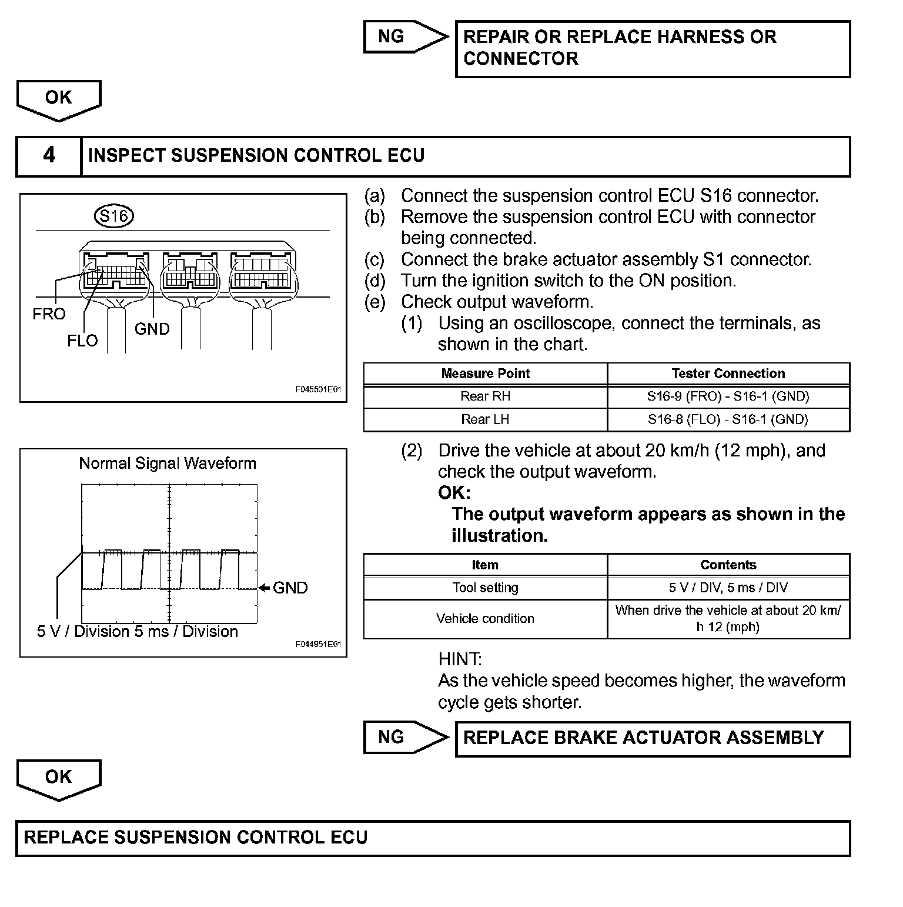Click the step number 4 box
pyautogui.click(x=49, y=156)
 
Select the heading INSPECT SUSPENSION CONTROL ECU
pyautogui.click(x=256, y=156)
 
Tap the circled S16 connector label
pyautogui.click(x=114, y=216)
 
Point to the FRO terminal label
pyautogui.click(x=49, y=314)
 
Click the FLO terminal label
pyautogui.click(x=82, y=341)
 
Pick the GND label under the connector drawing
pyautogui.click(x=152, y=329)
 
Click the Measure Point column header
pyautogui.click(x=485, y=374)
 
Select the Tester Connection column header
pyautogui.click(x=728, y=374)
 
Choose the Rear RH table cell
pyautogui.click(x=485, y=396)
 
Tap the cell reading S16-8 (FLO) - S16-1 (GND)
pyautogui.click(x=728, y=419)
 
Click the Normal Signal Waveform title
pyautogui.click(x=168, y=463)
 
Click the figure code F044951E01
pyautogui.click(x=318, y=645)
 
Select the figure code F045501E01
pyautogui.click(x=318, y=389)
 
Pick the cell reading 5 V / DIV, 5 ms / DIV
pyautogui.click(x=728, y=588)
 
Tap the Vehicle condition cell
pyautogui.click(x=485, y=619)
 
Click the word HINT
pyautogui.click(x=460, y=659)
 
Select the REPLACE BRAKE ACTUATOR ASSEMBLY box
pyautogui.click(x=653, y=738)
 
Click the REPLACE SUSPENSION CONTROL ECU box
pyautogui.click(x=433, y=838)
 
